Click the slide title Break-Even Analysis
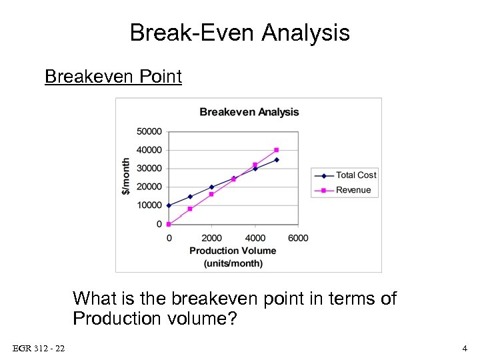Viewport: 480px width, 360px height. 239,32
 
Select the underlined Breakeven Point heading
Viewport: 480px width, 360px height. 113,77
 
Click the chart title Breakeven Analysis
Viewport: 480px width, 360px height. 249,112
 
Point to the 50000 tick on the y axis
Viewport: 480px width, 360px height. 149,132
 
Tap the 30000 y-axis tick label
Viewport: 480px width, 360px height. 149,169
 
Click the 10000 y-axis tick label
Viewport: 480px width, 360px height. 149,205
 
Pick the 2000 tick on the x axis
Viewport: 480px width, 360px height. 211,238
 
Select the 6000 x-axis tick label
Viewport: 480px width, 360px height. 298,238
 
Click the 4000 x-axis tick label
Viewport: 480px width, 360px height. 255,238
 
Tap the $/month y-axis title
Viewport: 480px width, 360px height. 126,177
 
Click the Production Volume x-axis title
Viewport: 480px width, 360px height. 233,251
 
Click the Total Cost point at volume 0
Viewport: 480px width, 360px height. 169,205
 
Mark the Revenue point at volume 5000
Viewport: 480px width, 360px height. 277,150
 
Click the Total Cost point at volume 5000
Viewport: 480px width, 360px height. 277,160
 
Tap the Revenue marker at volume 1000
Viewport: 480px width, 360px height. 190,209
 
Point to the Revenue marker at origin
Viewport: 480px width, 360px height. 169,224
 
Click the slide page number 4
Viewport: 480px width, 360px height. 465,349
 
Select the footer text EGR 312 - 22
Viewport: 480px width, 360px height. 39,349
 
